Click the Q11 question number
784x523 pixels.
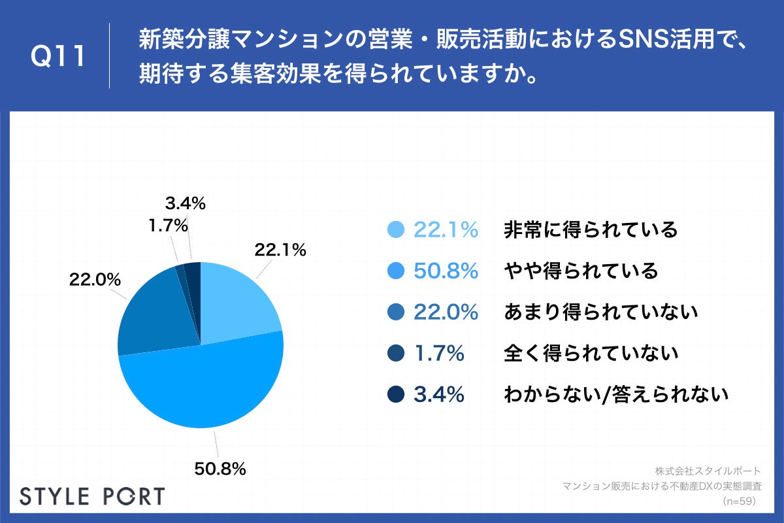(x=58, y=56)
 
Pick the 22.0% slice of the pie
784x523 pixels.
(x=154, y=314)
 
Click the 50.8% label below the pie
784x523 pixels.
(x=220, y=468)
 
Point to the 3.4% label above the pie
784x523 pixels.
(x=184, y=203)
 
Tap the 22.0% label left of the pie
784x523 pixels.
(x=95, y=279)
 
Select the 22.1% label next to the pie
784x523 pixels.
(x=280, y=249)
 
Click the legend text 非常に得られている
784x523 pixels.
(x=591, y=230)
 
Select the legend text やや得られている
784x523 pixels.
(x=581, y=271)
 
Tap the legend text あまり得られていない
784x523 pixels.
(x=601, y=312)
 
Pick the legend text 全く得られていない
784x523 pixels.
(x=591, y=354)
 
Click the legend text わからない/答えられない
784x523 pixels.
(x=616, y=395)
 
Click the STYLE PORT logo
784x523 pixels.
(x=92, y=496)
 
